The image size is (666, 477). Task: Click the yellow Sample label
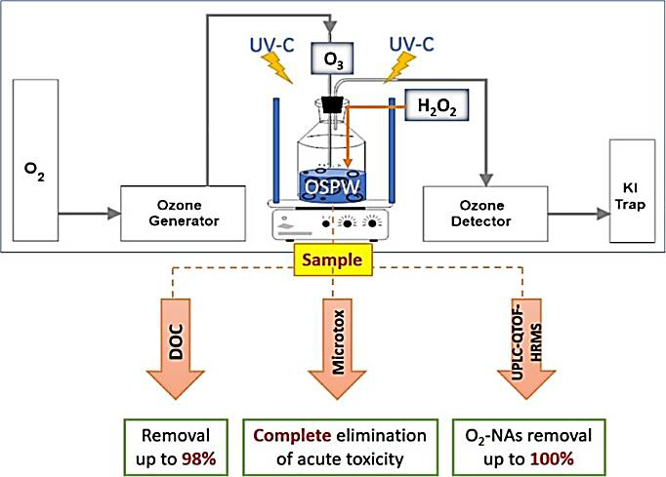[333, 262]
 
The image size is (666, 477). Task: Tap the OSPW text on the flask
[335, 184]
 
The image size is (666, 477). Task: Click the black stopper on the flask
[334, 101]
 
